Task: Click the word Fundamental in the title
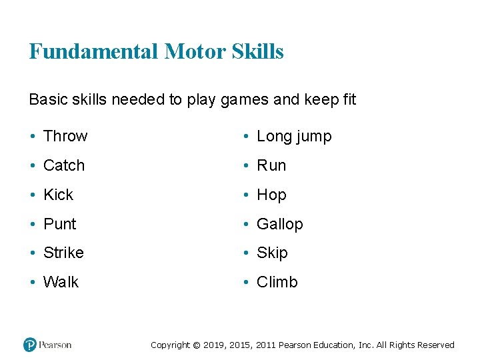coord(93,51)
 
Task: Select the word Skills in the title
coord(258,51)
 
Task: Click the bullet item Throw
coord(65,136)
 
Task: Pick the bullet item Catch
coord(64,165)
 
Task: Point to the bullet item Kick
coord(58,195)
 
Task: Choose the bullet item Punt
coord(60,224)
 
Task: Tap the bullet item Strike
coord(63,253)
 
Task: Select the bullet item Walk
coord(61,282)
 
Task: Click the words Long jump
coord(294,137)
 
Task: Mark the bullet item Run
coord(271,165)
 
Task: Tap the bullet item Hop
coord(271,195)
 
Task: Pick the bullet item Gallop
coord(280,224)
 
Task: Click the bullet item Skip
coord(272,253)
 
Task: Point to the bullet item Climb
coord(277,282)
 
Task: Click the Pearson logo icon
coord(30,345)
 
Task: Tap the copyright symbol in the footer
coord(196,345)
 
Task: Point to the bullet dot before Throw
coord(33,137)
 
